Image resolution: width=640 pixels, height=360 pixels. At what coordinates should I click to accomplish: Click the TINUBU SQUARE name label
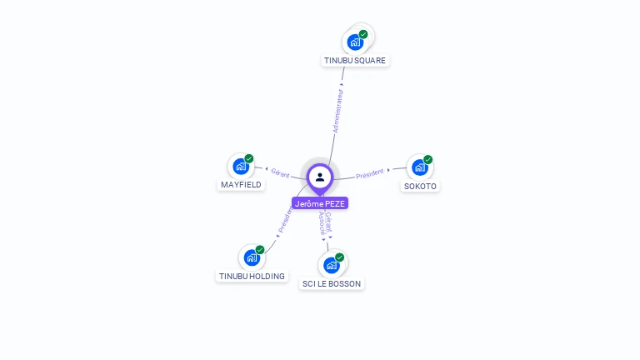[x=356, y=60]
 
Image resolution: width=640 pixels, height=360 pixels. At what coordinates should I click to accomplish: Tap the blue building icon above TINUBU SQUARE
[x=355, y=42]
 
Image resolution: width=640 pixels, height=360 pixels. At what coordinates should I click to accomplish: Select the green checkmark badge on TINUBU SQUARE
[x=363, y=34]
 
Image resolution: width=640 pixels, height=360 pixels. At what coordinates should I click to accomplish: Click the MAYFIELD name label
[x=241, y=184]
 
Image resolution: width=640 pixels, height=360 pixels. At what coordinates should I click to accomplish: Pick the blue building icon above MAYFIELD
[x=241, y=166]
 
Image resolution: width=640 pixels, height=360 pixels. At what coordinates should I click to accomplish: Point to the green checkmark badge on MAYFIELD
[x=249, y=158]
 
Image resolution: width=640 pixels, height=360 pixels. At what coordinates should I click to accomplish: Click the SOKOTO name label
[x=420, y=186]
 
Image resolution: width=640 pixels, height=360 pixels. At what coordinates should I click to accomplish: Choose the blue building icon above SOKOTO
[x=420, y=167]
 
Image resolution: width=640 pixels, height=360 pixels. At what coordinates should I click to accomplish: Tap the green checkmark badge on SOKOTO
[x=428, y=159]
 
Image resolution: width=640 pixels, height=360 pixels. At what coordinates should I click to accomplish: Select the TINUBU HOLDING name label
[x=252, y=276]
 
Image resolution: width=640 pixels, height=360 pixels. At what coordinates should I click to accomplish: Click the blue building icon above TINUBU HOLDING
[x=252, y=257]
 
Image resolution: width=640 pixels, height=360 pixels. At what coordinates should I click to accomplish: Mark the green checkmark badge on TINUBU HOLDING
[x=260, y=249]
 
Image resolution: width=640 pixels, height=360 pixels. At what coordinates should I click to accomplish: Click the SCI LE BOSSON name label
[x=332, y=283]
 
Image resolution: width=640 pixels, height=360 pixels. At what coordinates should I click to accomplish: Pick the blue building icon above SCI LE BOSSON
[x=331, y=265]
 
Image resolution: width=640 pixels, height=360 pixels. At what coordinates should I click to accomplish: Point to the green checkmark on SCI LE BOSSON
[x=339, y=257]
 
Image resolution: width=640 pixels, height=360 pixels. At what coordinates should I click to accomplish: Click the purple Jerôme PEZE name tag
[x=320, y=203]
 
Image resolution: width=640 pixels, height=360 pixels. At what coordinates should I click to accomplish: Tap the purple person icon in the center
[x=320, y=177]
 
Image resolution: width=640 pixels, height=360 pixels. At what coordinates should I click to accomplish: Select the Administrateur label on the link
[x=338, y=112]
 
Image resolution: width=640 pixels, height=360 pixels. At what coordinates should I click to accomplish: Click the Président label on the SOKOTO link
[x=370, y=173]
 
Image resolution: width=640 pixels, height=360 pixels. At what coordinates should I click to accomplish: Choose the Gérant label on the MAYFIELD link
[x=280, y=172]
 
